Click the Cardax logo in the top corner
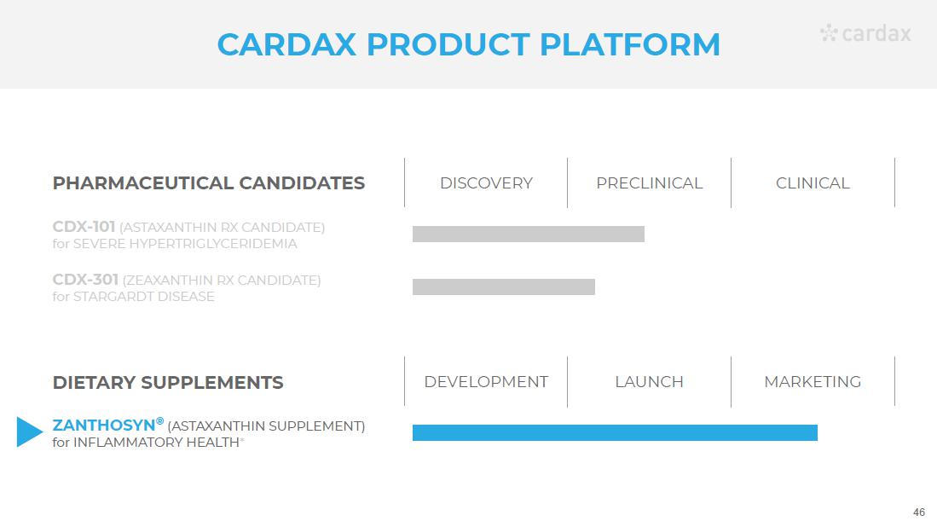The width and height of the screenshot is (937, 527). [x=865, y=33]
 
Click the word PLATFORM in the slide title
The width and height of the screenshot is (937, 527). [x=630, y=45]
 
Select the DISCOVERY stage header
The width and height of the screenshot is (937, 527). [x=486, y=182]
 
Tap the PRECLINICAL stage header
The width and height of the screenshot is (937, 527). [x=649, y=182]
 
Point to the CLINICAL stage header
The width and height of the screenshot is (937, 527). [x=813, y=182]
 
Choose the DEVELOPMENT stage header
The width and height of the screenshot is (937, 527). [x=486, y=382]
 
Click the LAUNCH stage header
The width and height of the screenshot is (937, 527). [x=649, y=382]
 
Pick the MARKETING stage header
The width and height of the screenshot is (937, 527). [x=813, y=382]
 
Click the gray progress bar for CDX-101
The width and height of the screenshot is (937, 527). [x=529, y=235]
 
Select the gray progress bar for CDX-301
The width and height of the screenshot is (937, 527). [x=504, y=287]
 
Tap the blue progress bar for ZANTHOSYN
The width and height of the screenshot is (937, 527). [x=615, y=432]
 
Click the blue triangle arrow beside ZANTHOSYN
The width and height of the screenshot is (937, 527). [x=29, y=432]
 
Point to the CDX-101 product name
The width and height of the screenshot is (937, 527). [x=84, y=227]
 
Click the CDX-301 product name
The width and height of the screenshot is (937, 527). [x=85, y=280]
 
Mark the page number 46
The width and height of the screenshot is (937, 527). [x=919, y=512]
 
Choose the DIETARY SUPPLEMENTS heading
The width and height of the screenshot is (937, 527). [x=168, y=382]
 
